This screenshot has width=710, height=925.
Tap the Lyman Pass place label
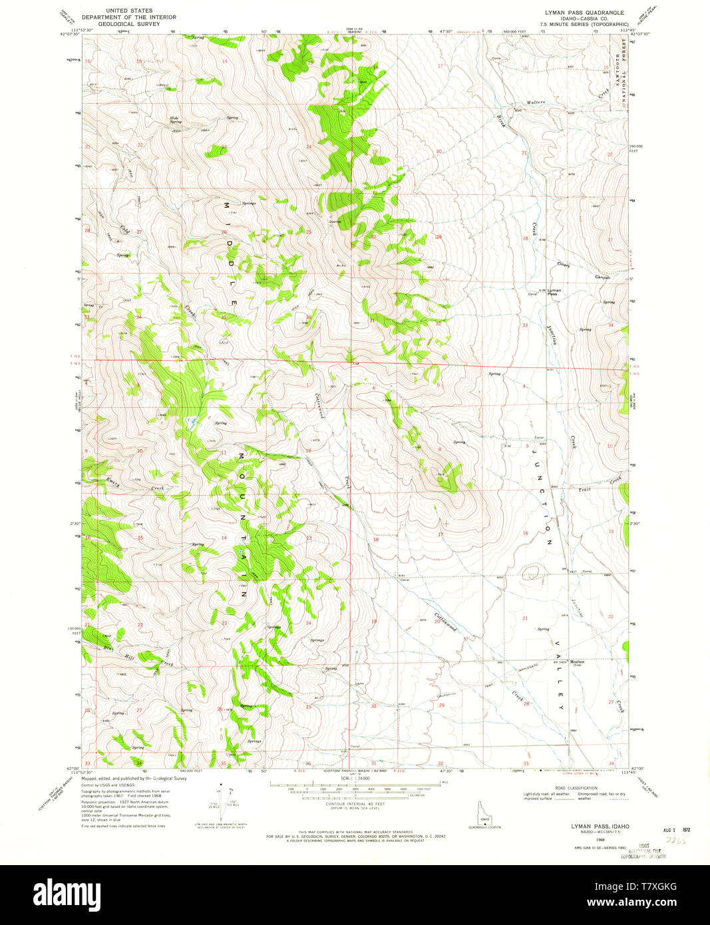click(554, 291)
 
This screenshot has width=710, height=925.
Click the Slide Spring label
click(175, 120)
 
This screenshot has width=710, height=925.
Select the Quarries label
click(334, 222)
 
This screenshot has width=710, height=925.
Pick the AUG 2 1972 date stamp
click(677, 830)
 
